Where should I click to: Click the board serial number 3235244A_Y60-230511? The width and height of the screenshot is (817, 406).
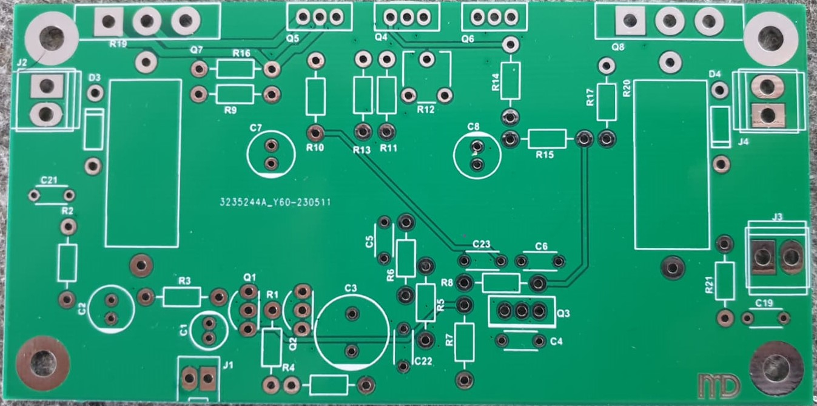tap(275, 204)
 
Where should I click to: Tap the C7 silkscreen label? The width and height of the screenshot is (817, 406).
tap(255, 128)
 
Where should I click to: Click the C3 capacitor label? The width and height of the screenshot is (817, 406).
tap(351, 288)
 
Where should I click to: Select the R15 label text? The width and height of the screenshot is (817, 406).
tap(545, 155)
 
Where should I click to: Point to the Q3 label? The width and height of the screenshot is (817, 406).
tap(563, 313)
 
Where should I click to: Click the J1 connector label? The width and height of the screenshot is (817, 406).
tap(228, 365)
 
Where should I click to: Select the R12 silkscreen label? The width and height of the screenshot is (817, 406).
tap(426, 110)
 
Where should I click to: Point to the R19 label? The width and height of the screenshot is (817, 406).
tap(118, 44)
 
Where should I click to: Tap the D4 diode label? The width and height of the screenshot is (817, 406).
tap(715, 73)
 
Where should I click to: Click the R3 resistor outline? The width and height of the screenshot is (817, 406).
tap(182, 297)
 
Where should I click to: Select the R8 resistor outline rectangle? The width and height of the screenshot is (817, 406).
tap(501, 282)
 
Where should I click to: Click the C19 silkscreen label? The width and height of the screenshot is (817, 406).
tap(764, 303)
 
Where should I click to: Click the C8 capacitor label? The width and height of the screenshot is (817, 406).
tap(474, 126)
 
